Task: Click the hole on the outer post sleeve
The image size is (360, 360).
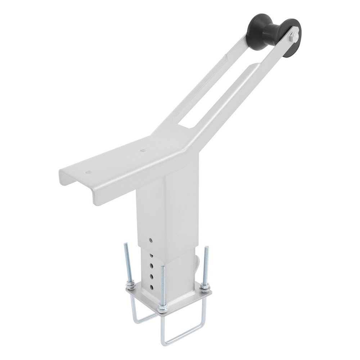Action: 151,240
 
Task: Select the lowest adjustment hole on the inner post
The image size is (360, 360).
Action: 152,287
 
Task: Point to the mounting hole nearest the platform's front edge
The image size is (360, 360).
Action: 88,172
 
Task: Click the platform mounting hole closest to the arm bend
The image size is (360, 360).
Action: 143,150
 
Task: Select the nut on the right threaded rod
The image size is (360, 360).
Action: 205,287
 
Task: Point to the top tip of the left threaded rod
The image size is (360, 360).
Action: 126,244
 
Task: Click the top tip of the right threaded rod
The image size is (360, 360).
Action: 207,248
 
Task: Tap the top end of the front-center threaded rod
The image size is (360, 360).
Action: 163,267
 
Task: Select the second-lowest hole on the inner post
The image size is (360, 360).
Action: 152,276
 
